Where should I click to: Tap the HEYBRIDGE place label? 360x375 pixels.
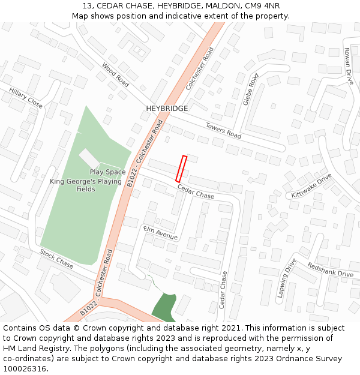(x=167, y=109)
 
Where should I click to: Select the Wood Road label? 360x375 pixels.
(x=115, y=74)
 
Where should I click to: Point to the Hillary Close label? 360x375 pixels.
(x=26, y=98)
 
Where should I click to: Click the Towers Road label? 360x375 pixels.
(x=223, y=131)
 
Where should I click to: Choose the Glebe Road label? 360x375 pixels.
(x=251, y=89)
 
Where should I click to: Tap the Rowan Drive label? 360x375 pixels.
(x=349, y=66)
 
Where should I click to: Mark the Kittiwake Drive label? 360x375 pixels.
(x=311, y=187)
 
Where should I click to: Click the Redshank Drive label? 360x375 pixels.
(x=330, y=270)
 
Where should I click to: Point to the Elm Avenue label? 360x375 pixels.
(x=160, y=233)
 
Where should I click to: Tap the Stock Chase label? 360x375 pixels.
(x=56, y=257)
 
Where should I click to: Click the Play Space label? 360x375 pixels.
(x=108, y=172)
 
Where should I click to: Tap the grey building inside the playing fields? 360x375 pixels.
(x=89, y=158)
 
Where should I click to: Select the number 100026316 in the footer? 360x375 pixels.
(x=26, y=368)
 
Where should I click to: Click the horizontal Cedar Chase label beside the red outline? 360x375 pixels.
(x=196, y=192)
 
